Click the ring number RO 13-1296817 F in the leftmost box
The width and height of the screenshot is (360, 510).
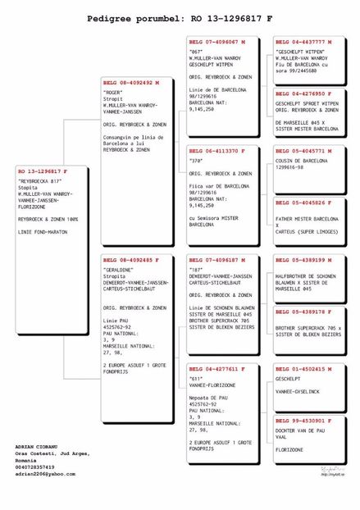click(43, 171)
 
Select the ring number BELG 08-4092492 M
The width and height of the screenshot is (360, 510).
click(131, 83)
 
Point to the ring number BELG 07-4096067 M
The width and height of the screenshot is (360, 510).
click(218, 41)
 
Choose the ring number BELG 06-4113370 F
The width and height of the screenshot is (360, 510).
click(218, 151)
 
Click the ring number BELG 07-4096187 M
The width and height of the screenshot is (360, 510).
click(218, 260)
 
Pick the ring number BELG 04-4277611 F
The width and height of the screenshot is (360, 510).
click(218, 369)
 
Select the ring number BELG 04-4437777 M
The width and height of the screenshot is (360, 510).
click(304, 41)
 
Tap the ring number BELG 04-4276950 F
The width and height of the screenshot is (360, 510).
click(304, 93)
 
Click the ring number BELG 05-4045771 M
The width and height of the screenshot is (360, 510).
click(304, 151)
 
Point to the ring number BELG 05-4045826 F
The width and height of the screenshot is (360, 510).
click(304, 202)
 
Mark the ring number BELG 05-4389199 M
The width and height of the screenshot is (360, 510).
click(304, 260)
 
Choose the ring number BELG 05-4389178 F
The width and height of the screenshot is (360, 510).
click(304, 312)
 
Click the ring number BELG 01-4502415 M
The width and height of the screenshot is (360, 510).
click(304, 369)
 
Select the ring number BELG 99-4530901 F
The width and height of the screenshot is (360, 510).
click(304, 421)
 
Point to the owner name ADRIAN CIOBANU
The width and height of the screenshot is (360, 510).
click(37, 446)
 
